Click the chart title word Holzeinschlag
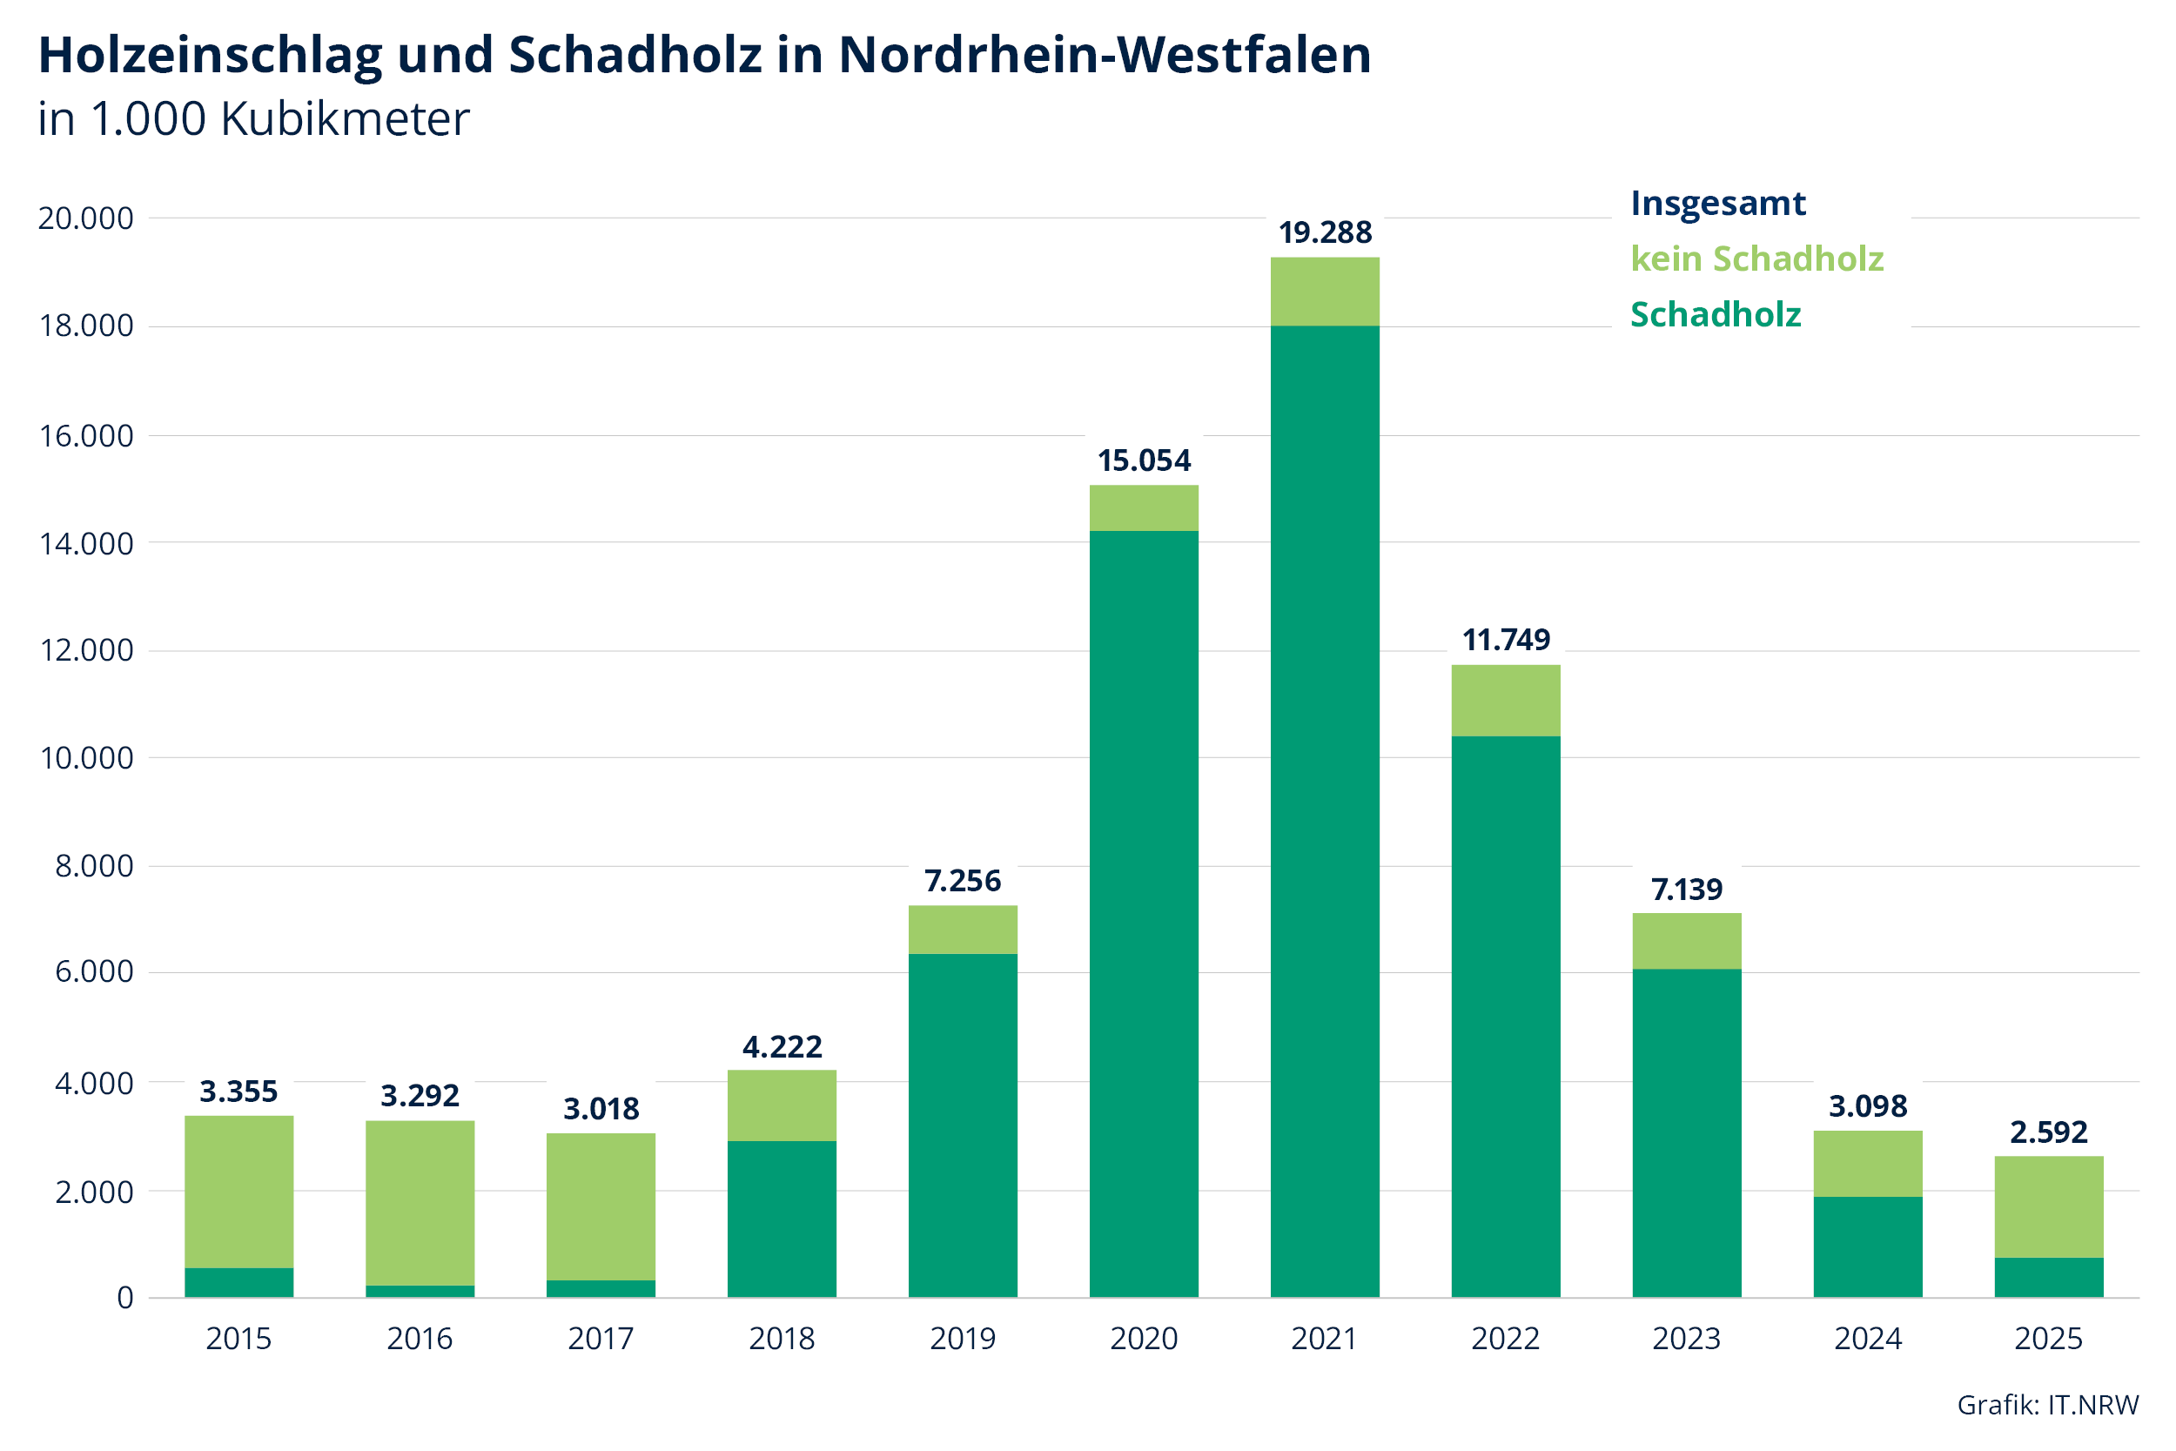pyautogui.click(x=209, y=56)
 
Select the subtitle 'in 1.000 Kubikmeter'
pyautogui.click(x=253, y=119)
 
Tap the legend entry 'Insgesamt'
pyautogui.click(x=1717, y=204)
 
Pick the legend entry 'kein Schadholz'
pyautogui.click(x=1756, y=259)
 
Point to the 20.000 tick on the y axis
pyautogui.click(x=85, y=218)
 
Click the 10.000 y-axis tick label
pyautogui.click(x=85, y=759)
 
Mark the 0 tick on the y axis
pyautogui.click(x=124, y=1299)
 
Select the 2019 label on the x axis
pyautogui.click(x=962, y=1339)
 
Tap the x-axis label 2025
pyautogui.click(x=2048, y=1339)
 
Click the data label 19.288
pyautogui.click(x=1325, y=232)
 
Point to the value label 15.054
pyautogui.click(x=1144, y=460)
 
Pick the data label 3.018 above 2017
pyautogui.click(x=601, y=1109)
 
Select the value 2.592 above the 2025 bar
pyautogui.click(x=2048, y=1132)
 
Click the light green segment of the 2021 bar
pyautogui.click(x=1325, y=292)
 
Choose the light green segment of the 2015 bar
pyautogui.click(x=238, y=1192)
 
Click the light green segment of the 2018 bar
pyautogui.click(x=782, y=1105)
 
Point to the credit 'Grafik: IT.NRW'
pyautogui.click(x=2047, y=1405)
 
